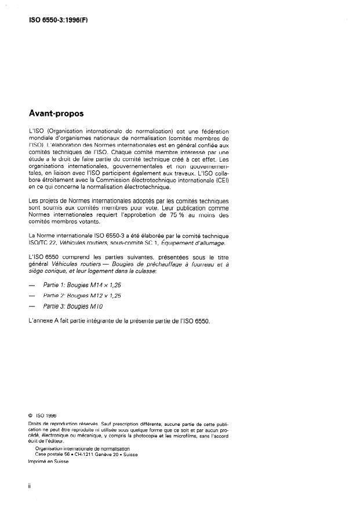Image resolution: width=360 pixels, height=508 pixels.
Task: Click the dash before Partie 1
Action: tap(32, 285)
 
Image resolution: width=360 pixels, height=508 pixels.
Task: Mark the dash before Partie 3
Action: tap(32, 305)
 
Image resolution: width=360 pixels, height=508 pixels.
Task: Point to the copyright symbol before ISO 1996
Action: tap(30, 414)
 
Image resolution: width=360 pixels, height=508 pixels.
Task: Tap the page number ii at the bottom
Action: tap(30, 485)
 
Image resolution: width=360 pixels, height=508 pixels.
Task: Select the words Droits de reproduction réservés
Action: tap(59, 425)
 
